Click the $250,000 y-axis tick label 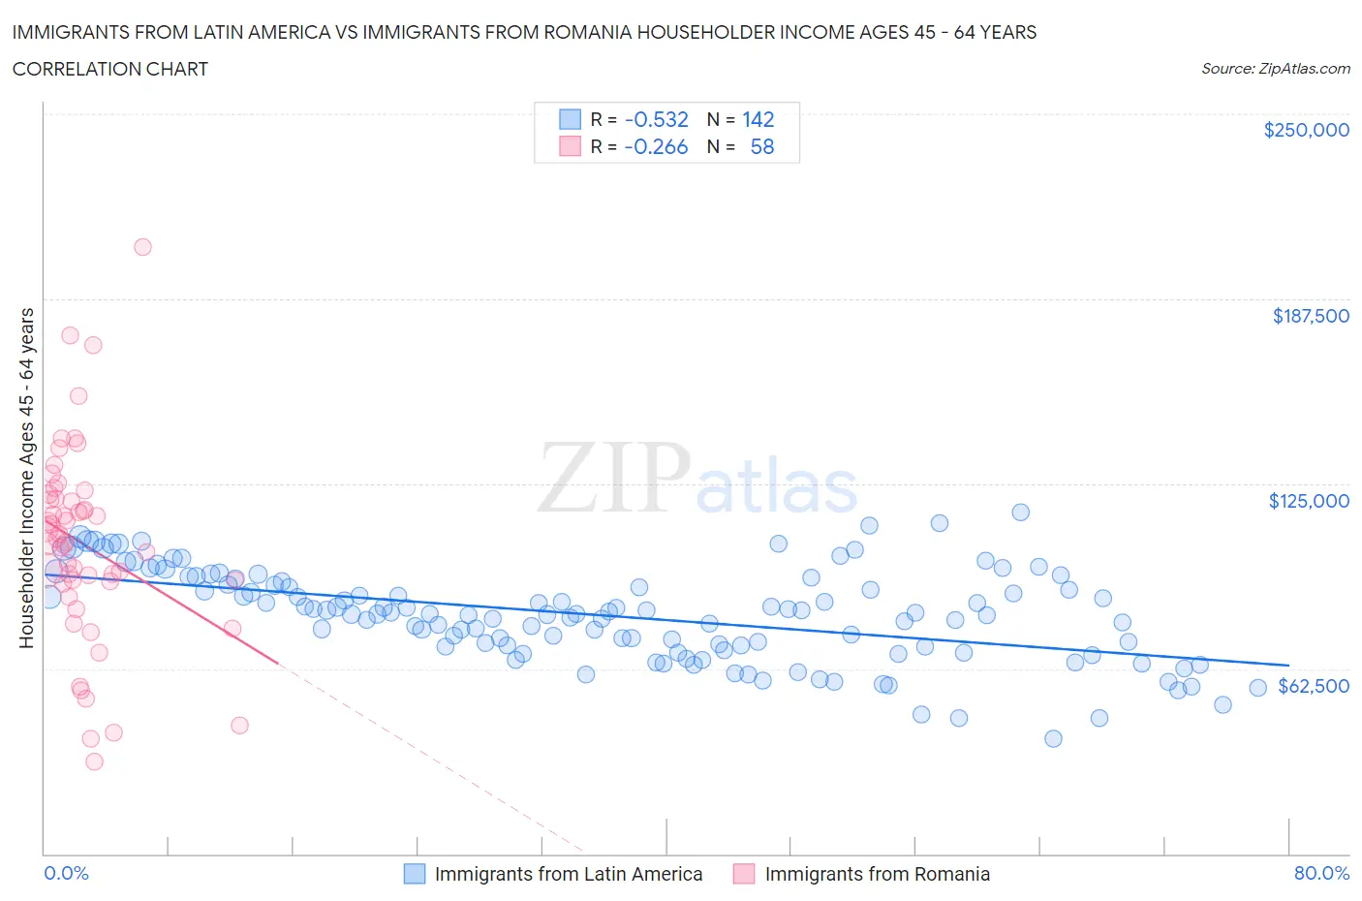click(1306, 130)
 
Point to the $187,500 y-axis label click(1310, 316)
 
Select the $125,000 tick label click(1309, 501)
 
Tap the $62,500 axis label click(1313, 686)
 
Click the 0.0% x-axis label click(66, 873)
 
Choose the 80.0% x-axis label click(1321, 873)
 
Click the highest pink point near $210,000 click(142, 247)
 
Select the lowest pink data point click(94, 761)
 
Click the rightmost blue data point click(1257, 688)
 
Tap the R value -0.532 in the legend click(656, 119)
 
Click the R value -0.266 click(656, 147)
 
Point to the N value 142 click(758, 119)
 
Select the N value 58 click(761, 147)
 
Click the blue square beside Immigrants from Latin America click(415, 874)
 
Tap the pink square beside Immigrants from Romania click(744, 874)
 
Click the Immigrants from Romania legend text click(877, 874)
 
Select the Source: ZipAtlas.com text click(1275, 69)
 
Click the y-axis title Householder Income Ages click(27, 478)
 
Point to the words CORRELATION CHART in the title click(110, 69)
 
